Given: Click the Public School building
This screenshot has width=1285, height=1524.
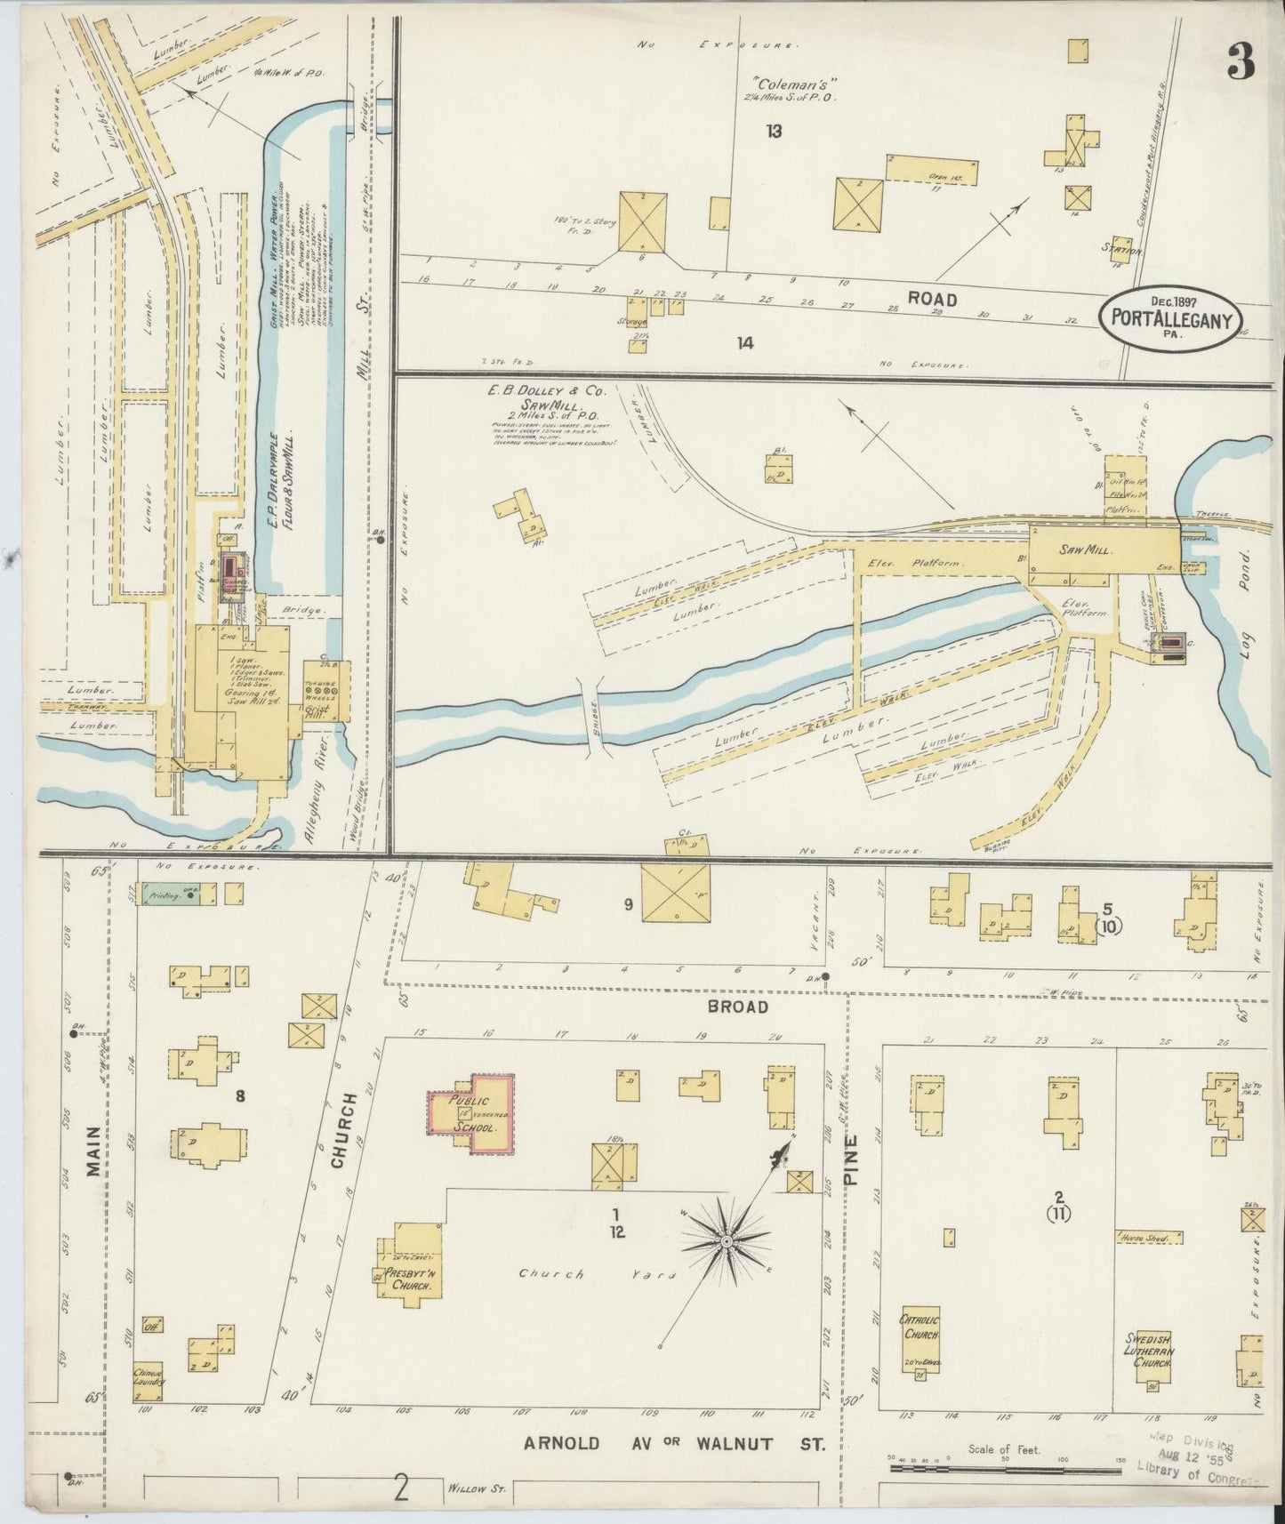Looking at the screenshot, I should click(x=472, y=1113).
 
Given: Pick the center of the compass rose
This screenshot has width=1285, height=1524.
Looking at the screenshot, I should click(x=727, y=1240).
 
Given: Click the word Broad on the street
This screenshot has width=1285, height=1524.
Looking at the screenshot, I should click(x=737, y=1007).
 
